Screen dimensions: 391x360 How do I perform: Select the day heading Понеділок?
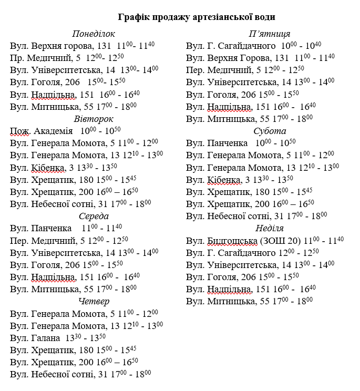93,34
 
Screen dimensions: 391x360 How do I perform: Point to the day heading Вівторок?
93,118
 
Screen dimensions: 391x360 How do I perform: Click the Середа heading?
93,216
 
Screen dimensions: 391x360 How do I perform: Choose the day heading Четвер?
93,301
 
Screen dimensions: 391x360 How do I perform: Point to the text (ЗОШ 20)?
277,241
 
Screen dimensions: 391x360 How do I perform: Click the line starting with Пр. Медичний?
68,58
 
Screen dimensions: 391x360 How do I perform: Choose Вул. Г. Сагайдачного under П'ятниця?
231,46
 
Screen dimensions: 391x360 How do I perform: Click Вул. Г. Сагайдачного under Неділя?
231,253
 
